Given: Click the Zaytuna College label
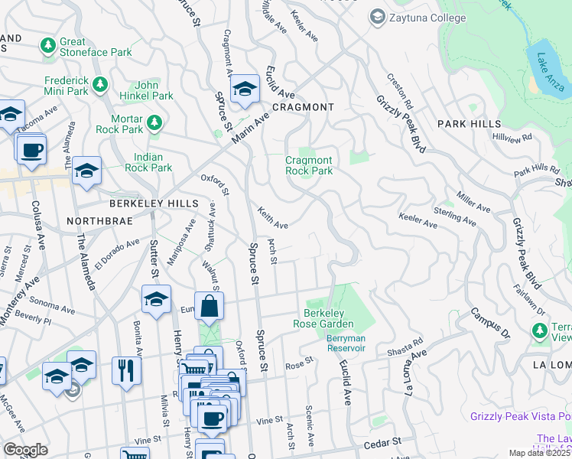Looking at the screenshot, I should coord(415,16).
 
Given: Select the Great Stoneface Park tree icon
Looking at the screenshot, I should coord(48,47).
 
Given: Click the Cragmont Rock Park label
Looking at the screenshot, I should coord(309,165).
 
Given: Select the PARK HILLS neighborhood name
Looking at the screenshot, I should coord(469,124).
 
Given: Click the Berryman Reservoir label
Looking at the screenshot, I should coord(346,343).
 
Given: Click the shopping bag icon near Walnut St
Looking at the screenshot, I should coord(209,306).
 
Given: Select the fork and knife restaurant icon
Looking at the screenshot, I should coord(127,370).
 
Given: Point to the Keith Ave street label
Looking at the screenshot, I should coord(272,218).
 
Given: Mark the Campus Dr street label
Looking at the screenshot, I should coord(489,324).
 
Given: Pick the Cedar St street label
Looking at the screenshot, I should coord(380,442).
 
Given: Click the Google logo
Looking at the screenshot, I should coord(26,450).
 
